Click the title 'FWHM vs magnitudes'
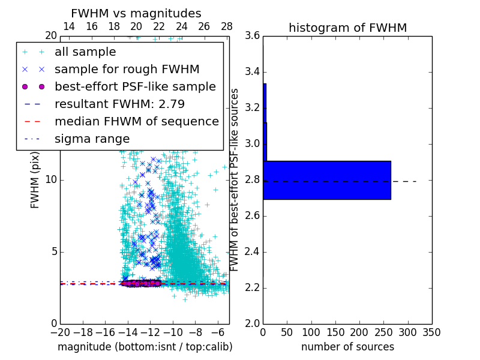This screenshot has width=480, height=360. click(x=136, y=13)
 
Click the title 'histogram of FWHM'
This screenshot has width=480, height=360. click(x=347, y=28)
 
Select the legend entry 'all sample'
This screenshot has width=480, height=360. click(x=85, y=52)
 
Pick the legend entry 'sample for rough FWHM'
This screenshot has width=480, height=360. click(x=127, y=69)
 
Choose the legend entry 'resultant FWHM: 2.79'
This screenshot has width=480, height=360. click(x=119, y=104)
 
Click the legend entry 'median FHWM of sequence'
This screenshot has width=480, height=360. click(x=136, y=121)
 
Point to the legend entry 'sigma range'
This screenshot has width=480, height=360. click(x=92, y=139)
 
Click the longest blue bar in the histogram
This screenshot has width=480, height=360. click(x=327, y=180)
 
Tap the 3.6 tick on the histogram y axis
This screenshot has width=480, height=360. click(x=253, y=36)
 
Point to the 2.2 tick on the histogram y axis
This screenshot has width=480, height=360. click(x=253, y=288)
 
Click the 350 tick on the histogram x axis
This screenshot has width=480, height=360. click(x=431, y=332)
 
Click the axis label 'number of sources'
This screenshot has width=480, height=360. click(x=347, y=347)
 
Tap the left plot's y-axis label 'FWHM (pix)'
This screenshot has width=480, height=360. click(x=35, y=180)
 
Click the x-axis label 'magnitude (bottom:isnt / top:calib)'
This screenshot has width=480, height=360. click(x=145, y=347)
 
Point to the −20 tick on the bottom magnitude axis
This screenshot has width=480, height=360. click(x=60, y=332)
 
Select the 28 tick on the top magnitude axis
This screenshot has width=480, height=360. click(x=227, y=26)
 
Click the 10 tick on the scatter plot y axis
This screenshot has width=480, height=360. click(x=52, y=180)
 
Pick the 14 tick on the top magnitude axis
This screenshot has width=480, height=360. click(x=69, y=26)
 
